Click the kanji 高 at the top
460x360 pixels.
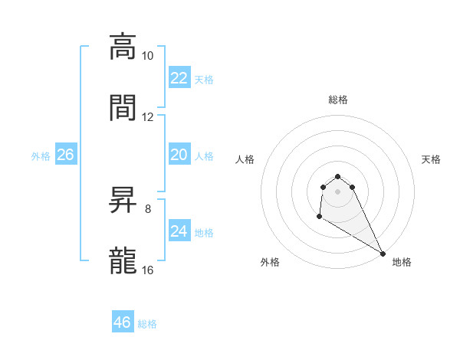(x=123, y=47)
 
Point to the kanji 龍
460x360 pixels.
(x=123, y=260)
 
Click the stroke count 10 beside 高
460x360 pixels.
(x=148, y=56)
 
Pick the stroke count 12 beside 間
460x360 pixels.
(x=148, y=117)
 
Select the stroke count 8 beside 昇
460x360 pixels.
(x=148, y=208)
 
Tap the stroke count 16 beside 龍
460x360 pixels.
(x=148, y=270)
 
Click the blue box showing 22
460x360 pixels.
(x=179, y=78)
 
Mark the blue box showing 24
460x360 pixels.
(x=179, y=231)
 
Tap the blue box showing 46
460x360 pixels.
(x=123, y=322)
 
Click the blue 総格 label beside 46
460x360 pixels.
(x=147, y=324)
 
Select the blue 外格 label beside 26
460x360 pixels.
(x=41, y=156)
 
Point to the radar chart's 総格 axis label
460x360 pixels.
(x=337, y=100)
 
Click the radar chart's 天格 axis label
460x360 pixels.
(x=431, y=159)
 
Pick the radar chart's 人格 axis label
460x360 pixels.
(x=245, y=159)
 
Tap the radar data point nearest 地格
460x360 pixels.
(x=383, y=253)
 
